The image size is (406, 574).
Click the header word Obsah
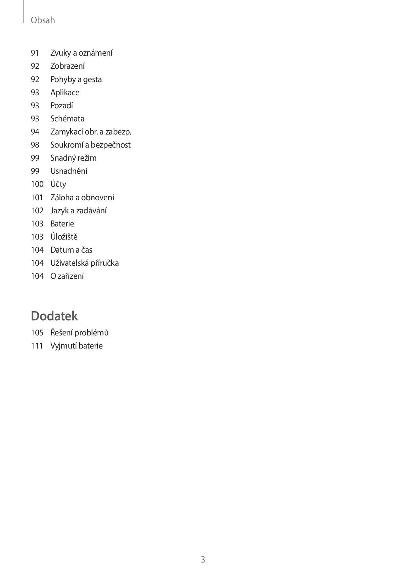43,20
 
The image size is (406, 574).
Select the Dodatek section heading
54,316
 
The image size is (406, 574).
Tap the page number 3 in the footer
203,559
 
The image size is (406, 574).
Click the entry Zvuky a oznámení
81,53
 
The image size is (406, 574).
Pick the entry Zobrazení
67,66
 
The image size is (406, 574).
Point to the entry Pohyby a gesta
76,80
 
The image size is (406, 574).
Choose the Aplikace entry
65,93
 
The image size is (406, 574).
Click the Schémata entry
67,119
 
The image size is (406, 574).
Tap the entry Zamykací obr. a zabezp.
91,132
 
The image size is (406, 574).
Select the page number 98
35,145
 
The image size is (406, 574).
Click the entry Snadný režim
73,158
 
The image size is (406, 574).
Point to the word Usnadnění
69,171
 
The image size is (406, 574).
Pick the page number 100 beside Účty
37,184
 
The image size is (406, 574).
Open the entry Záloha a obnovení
82,198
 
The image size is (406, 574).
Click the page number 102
37,211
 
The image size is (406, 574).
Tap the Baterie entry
62,224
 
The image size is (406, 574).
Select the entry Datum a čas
71,250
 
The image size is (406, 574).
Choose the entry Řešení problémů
79,333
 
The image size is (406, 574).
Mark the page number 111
37,346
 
